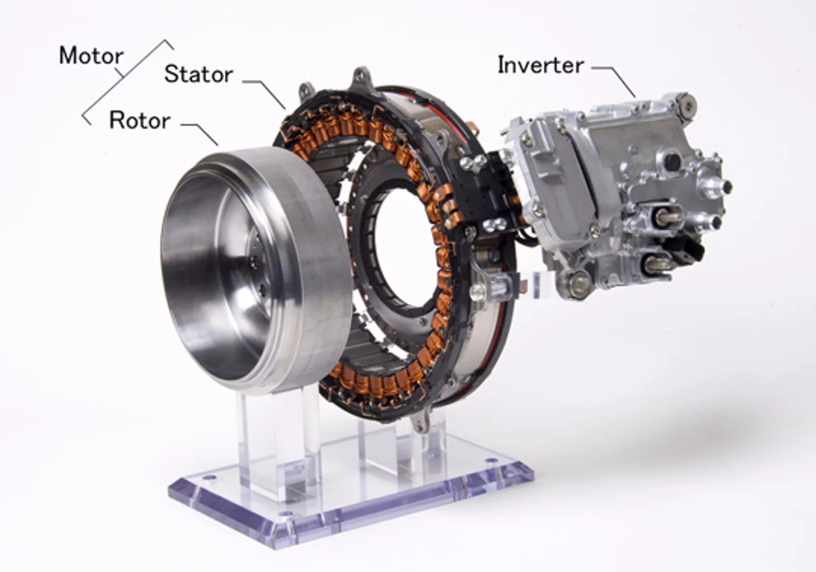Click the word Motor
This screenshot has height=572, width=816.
pos(91,56)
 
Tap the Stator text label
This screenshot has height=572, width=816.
pos(198,74)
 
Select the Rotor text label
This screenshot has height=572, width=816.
pos(140,121)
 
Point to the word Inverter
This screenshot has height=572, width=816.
pos(540,65)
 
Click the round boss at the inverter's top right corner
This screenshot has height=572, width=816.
pos(686,104)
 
